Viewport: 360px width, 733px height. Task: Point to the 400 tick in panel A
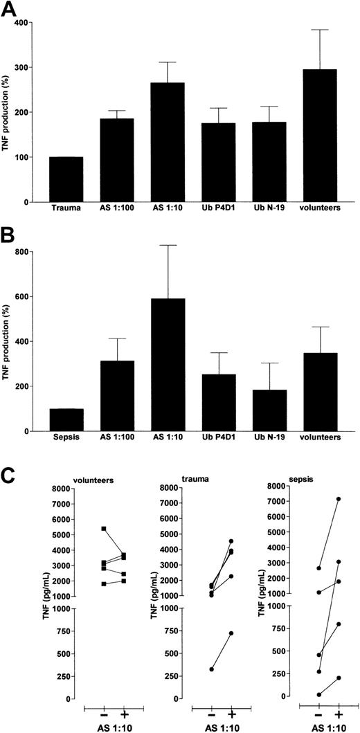[35, 23]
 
